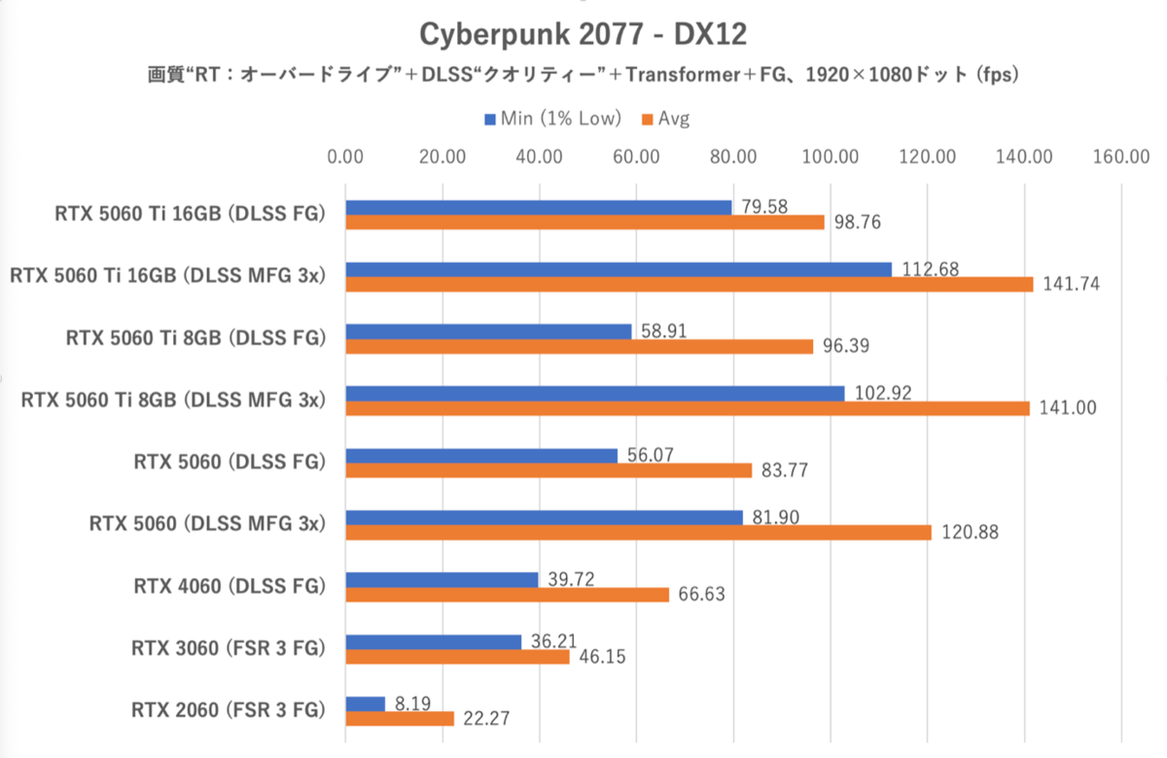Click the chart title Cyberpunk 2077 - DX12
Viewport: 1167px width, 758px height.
[583, 34]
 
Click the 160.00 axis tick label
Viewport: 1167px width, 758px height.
[1121, 157]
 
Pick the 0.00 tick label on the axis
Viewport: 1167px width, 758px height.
[345, 157]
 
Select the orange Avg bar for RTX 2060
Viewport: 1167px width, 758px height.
[400, 719]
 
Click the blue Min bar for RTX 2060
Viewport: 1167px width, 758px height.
[366, 704]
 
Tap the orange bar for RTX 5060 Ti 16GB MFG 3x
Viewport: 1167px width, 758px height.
[689, 284]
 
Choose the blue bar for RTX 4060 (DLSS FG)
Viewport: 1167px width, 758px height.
[442, 580]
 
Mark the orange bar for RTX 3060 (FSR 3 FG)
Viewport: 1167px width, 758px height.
[457, 657]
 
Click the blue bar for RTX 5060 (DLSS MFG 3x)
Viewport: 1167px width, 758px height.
[544, 518]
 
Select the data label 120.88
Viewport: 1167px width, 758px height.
[966, 533]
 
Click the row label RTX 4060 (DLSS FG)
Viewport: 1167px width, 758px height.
[229, 587]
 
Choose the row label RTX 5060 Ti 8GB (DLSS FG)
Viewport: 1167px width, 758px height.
[194, 338]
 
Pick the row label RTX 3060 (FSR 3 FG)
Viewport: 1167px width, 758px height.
[228, 648]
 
